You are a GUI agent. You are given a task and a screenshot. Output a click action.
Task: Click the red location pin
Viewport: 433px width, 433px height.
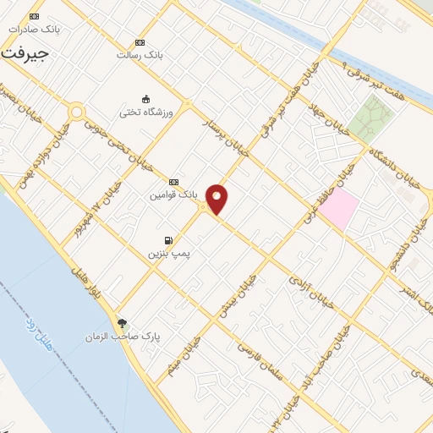click(217, 199)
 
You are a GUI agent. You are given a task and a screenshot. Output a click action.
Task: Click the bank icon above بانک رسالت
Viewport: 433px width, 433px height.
click(140, 42)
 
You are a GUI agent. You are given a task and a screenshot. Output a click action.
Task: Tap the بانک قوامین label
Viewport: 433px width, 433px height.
click(173, 195)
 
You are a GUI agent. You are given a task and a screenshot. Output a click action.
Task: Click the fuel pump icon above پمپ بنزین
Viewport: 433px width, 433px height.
click(169, 240)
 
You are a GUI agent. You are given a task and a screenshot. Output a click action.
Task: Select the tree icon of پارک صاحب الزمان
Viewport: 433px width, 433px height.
click(123, 322)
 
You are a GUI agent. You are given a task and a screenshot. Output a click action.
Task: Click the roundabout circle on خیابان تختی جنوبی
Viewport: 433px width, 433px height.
click(77, 112)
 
